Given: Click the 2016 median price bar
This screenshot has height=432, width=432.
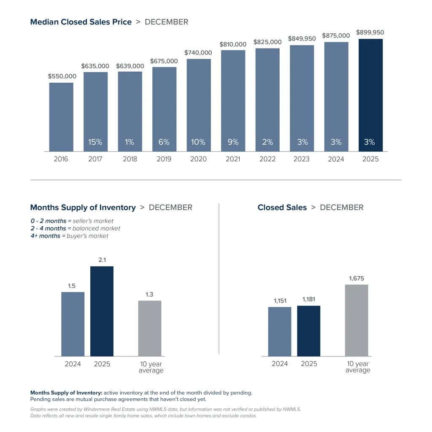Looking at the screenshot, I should click(61, 117).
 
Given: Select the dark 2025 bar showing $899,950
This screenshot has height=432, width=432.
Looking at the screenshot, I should click(370, 95).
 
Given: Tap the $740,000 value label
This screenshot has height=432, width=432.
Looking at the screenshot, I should click(198, 53).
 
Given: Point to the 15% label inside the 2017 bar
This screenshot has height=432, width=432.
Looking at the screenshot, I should click(95, 142).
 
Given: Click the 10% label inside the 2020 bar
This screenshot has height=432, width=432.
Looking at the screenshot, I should click(198, 142).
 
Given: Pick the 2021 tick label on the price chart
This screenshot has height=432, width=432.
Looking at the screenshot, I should click(233, 159).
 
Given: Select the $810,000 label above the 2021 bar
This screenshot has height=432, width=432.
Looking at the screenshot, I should click(233, 44).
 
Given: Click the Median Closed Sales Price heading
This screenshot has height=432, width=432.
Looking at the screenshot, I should click(81, 22).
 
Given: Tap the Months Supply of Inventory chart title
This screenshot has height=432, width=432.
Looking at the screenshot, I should click(83, 208).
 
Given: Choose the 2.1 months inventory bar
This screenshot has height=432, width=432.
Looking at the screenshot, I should click(102, 311).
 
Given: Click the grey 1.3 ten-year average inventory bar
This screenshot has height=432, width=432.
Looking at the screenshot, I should click(149, 328).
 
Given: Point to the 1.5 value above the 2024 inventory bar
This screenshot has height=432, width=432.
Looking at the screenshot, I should click(73, 286).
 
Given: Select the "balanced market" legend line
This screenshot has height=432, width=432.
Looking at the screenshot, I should click(75, 228).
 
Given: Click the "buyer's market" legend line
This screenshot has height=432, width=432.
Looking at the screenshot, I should click(69, 236).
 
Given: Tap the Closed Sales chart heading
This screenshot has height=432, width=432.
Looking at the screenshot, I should click(282, 208).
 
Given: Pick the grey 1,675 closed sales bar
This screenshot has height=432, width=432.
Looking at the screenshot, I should click(356, 320).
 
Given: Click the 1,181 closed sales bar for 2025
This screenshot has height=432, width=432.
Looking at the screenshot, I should click(308, 331).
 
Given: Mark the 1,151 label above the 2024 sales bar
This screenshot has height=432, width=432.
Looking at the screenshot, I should click(280, 300).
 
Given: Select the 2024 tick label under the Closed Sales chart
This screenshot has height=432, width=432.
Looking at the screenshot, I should click(280, 364).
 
